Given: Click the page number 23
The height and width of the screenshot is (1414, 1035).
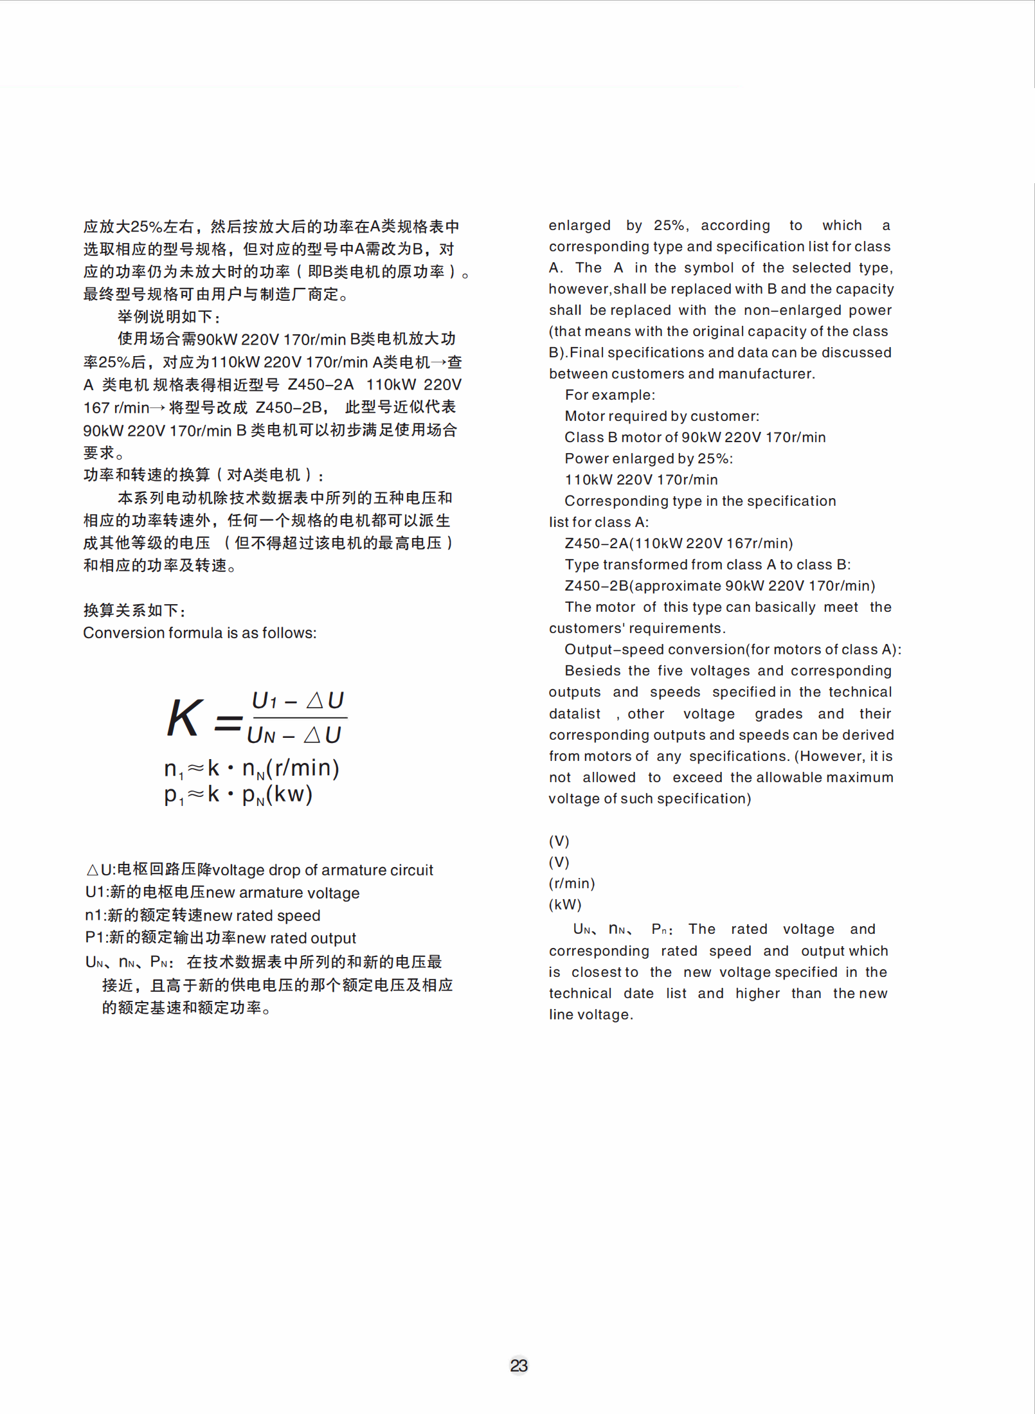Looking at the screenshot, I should click(519, 1365).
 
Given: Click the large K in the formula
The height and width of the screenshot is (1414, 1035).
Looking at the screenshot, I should click(184, 717).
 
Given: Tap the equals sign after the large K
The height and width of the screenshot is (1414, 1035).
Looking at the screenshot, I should click(228, 722).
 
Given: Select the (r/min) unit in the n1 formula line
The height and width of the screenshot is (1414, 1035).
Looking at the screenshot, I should click(303, 767).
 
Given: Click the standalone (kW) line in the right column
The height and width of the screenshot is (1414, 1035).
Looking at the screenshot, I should click(565, 904).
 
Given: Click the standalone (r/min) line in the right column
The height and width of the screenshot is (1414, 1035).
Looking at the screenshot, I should click(571, 883).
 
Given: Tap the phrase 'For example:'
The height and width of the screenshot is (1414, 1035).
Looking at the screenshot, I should click(609, 395).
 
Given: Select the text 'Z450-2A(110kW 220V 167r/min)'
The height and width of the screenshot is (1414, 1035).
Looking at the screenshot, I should click(678, 543).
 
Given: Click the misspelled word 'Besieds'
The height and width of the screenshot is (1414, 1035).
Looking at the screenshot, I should click(593, 670).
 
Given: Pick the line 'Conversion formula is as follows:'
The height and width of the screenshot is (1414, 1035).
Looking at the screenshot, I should click(200, 632).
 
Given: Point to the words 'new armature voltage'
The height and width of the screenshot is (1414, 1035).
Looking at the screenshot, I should click(283, 893).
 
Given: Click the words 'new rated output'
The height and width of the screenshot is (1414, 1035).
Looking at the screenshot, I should click(296, 938).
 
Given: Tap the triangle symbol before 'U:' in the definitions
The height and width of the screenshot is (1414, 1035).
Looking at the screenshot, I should click(93, 870).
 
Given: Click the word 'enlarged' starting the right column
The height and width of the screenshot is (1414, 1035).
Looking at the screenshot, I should click(579, 225).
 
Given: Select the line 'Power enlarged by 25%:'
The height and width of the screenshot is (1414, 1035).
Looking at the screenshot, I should click(648, 458).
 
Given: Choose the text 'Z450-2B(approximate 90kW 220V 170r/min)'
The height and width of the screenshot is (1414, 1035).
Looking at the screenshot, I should click(719, 586).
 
